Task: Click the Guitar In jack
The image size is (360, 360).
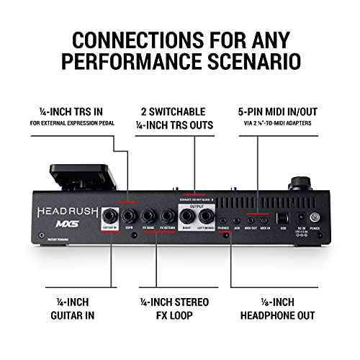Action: pyautogui.click(x=110, y=216)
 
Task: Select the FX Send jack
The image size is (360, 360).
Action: pyautogui.click(x=150, y=216)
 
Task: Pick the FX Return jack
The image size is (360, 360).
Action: pyautogui.click(x=168, y=216)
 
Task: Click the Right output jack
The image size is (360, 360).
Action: pyautogui.click(x=188, y=216)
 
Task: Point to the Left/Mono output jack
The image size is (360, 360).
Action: pyautogui.click(x=208, y=216)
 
